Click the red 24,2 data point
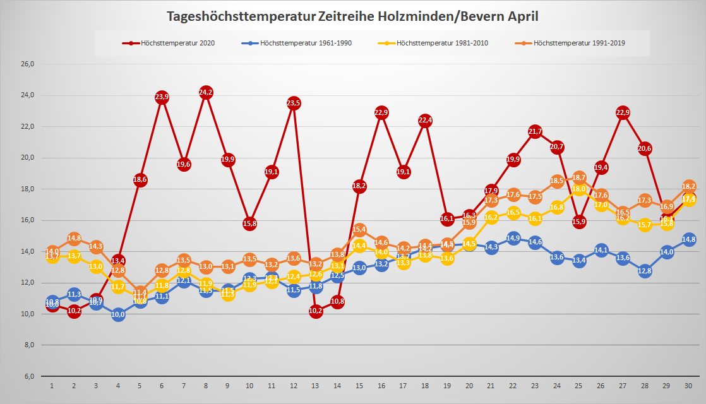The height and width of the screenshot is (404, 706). click(x=205, y=93)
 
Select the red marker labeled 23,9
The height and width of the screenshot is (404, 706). click(x=162, y=97)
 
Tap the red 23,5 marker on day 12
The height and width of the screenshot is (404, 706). click(x=293, y=104)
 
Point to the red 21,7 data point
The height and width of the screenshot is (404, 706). click(x=535, y=131)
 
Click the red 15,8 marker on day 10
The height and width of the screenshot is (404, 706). click(x=249, y=223)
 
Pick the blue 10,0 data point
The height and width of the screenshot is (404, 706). click(x=117, y=314)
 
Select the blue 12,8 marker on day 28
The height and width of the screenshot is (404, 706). click(x=645, y=271)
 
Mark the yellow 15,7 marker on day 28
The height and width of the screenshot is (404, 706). click(x=645, y=225)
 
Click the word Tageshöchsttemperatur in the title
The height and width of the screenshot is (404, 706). click(x=241, y=16)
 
